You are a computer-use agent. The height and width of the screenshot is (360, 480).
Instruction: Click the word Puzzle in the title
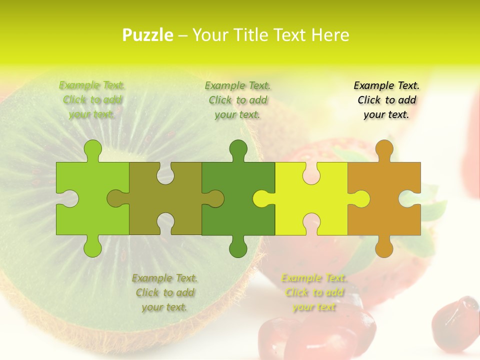[x=148, y=35]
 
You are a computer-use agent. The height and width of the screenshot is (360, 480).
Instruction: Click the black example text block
[x=386, y=100]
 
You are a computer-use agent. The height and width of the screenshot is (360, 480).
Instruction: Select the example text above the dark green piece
[x=237, y=100]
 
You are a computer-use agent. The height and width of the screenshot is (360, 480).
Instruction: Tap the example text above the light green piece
[x=92, y=100]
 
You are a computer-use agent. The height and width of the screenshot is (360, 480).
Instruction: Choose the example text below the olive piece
[x=164, y=292]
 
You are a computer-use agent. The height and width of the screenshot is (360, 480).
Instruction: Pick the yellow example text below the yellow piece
[x=314, y=292]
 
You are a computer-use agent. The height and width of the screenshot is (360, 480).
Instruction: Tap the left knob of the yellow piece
[x=262, y=198]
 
